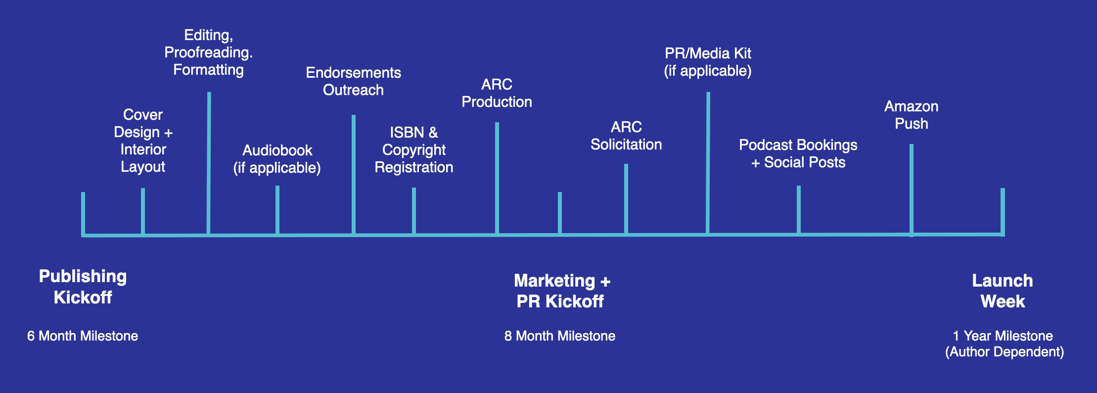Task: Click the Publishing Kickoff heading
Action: (83, 287)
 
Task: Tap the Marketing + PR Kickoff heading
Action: (561, 291)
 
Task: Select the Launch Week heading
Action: (1003, 291)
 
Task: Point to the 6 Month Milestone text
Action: (83, 336)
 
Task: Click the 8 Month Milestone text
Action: (560, 336)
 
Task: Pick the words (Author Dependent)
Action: (1005, 352)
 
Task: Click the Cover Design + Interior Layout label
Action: (143, 141)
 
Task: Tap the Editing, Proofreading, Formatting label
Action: (208, 52)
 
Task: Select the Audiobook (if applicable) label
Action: (277, 159)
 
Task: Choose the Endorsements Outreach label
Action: (353, 81)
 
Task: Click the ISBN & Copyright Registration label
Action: (414, 149)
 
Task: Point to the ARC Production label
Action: (497, 93)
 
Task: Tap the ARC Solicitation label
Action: (626, 136)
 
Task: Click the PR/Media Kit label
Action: (708, 62)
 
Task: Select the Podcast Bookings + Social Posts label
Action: (798, 153)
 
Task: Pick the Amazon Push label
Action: (912, 115)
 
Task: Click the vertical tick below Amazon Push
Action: (912, 188)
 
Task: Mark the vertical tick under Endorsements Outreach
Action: (354, 173)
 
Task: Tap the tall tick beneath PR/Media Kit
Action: (708, 163)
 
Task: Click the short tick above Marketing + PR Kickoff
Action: (560, 213)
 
